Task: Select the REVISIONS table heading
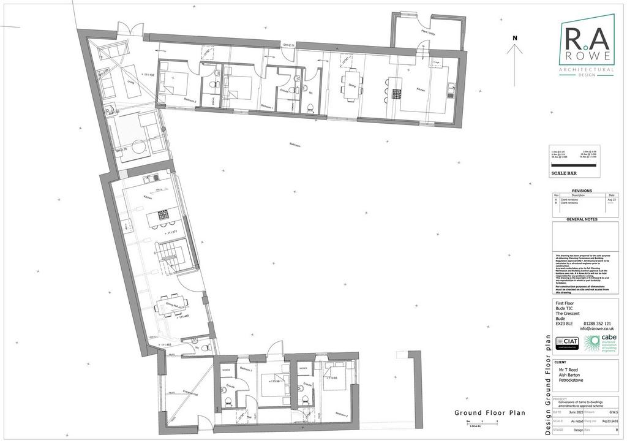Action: pos(581,191)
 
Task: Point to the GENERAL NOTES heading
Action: pos(581,219)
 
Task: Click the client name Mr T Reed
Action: pos(569,370)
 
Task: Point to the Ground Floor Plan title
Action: pos(489,413)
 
